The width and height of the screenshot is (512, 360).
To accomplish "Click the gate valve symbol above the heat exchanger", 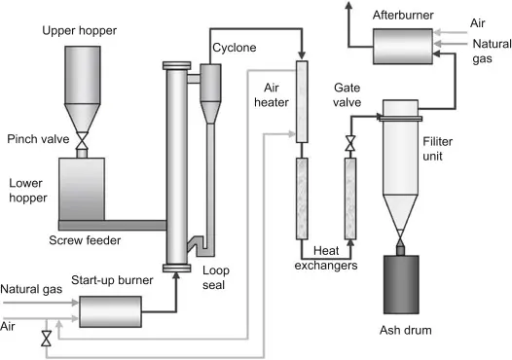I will coord(349,144).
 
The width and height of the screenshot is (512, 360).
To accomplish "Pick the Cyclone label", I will coord(234,47).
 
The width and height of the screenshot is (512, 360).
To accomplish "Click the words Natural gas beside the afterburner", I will coord(489,51).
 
